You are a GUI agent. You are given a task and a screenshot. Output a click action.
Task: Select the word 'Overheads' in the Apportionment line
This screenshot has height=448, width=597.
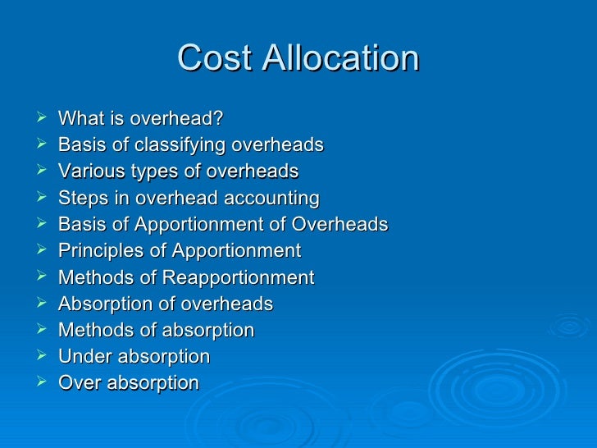pyautogui.click(x=345, y=225)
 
